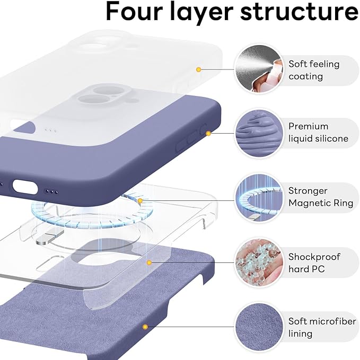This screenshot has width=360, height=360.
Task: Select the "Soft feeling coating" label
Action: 313,70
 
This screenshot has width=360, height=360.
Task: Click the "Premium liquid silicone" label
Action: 318,133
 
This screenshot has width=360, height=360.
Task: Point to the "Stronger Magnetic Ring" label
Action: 315,197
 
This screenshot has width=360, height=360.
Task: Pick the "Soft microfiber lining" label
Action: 317,328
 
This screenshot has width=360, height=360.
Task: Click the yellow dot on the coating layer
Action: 199,69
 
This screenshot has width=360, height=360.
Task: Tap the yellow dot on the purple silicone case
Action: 208,134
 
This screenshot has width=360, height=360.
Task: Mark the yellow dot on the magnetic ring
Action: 140,201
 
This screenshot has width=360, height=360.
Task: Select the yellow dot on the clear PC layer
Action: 150,262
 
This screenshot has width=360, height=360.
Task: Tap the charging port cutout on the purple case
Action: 24,186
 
